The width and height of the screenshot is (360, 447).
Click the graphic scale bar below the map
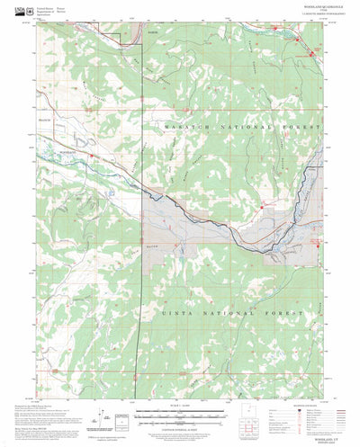[x=180, y=415]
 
